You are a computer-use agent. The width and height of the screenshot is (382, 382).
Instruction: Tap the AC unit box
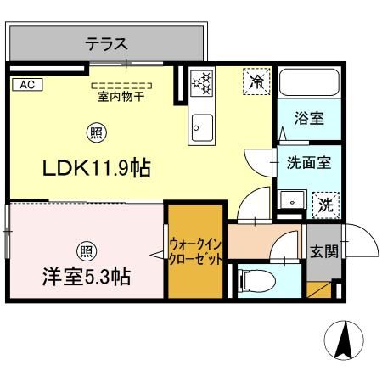point(25,84)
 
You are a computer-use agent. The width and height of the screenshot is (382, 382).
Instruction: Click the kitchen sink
point(202,126)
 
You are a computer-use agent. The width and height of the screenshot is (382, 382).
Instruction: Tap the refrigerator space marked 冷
point(254,81)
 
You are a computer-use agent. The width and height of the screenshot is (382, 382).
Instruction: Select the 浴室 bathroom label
point(308,119)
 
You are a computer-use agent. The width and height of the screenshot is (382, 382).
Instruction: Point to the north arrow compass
point(345,340)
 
